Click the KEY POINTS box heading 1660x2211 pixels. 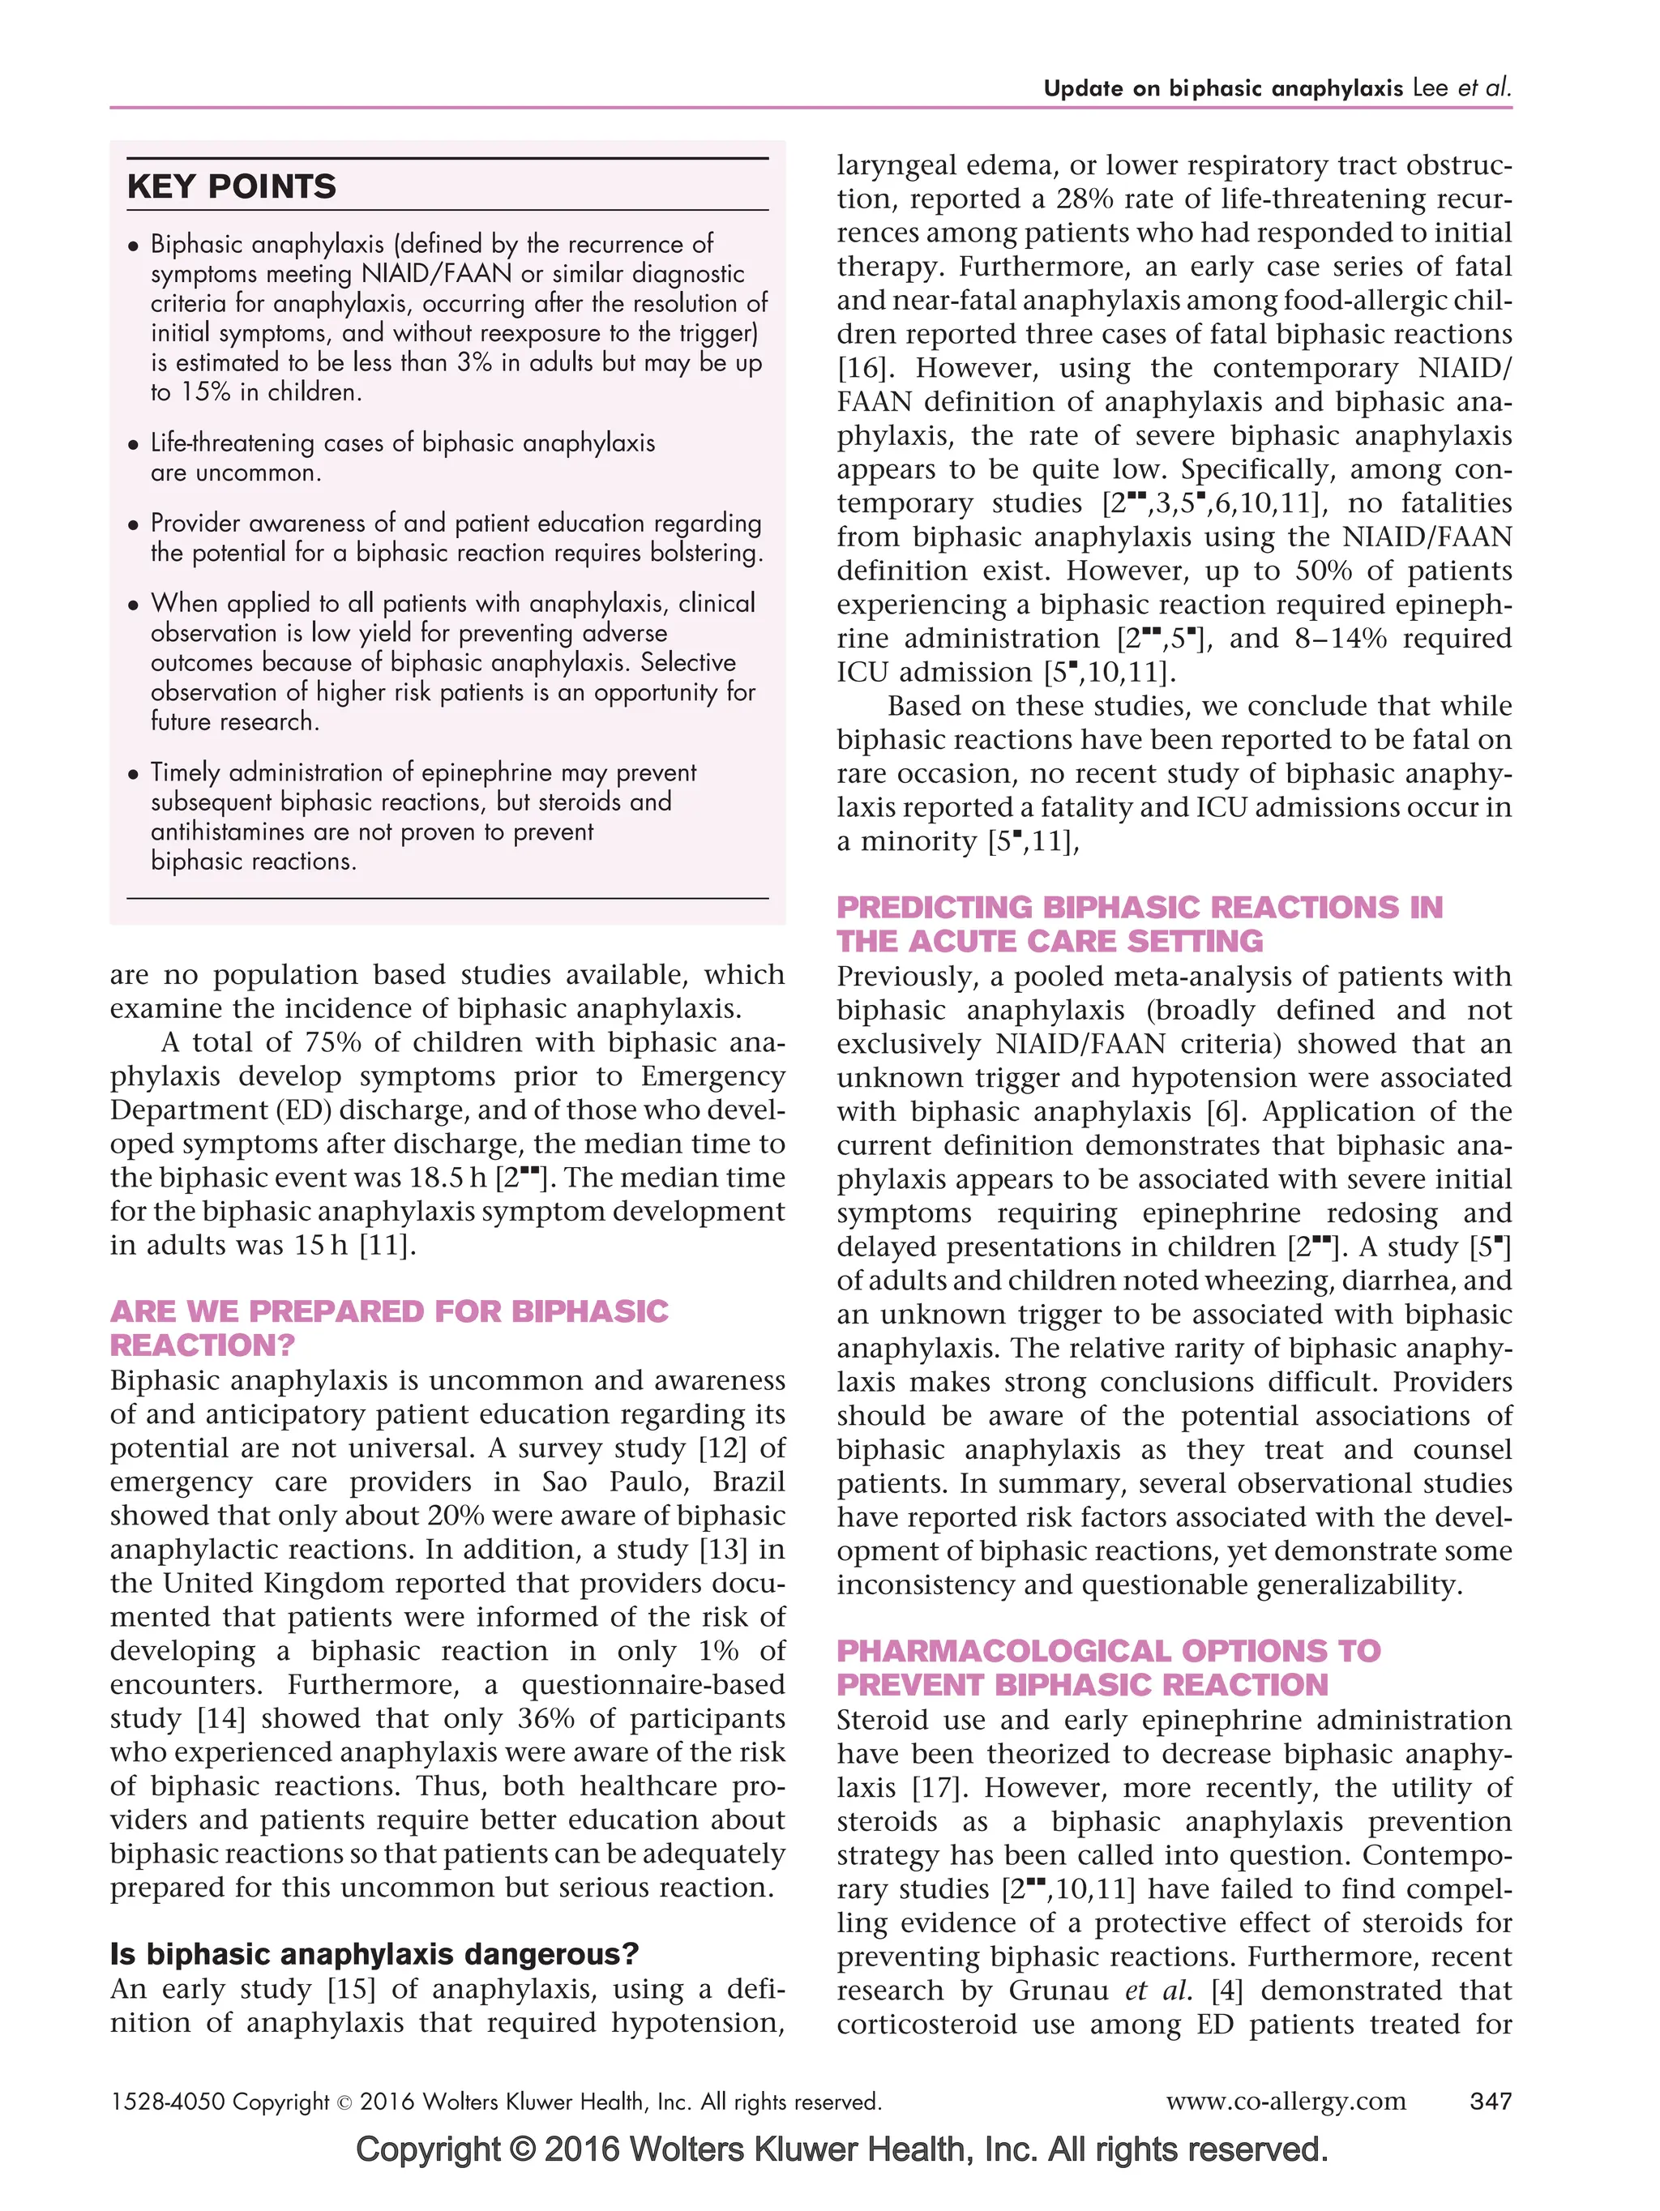(231, 187)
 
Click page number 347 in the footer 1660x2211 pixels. (1489, 2101)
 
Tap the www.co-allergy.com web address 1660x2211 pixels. (1286, 2101)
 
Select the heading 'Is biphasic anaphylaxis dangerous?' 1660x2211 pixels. (374, 1953)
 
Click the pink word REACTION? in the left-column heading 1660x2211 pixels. (202, 1345)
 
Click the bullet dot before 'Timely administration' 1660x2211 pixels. (133, 775)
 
